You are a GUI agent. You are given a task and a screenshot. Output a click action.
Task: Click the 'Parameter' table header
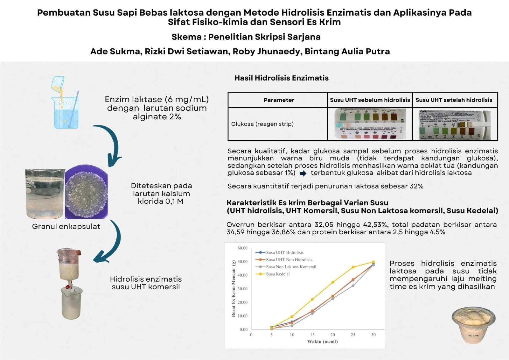pyautogui.click(x=279, y=100)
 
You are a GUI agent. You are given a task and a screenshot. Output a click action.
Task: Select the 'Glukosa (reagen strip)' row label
pyautogui.click(x=262, y=124)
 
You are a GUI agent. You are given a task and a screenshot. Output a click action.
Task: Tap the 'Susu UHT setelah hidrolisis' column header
pyautogui.click(x=454, y=100)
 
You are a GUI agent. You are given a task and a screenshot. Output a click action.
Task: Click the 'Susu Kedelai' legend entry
pyautogui.click(x=277, y=274)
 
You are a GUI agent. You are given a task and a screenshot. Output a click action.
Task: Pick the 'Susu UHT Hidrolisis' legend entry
pyautogui.click(x=284, y=252)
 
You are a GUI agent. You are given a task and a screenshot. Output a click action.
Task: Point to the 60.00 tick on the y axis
pyautogui.click(x=242, y=248)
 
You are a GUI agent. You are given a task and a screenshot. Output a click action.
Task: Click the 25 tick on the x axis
pyautogui.click(x=353, y=335)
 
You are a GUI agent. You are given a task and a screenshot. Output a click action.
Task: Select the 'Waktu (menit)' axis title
pyautogui.click(x=322, y=342)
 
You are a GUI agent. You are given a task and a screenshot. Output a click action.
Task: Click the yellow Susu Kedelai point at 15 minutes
pyautogui.click(x=312, y=299)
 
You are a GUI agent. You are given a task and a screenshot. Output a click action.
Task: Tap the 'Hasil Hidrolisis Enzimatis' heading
pyautogui.click(x=282, y=78)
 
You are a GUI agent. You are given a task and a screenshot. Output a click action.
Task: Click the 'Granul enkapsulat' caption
pyautogui.click(x=66, y=226)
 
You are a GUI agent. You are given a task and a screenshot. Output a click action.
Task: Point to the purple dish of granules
pyautogui.click(x=86, y=192)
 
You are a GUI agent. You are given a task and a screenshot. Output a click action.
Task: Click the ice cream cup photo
pyautogui.click(x=473, y=325)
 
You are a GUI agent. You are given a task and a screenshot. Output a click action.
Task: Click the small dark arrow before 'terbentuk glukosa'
pyautogui.click(x=303, y=173)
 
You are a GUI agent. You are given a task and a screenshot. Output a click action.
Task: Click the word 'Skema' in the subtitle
pyautogui.click(x=186, y=37)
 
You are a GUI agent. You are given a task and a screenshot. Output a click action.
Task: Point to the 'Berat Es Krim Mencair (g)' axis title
pyautogui.click(x=234, y=288)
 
